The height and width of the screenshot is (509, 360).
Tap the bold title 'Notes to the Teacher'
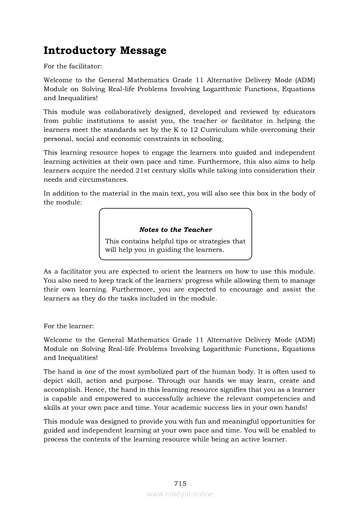click(176, 229)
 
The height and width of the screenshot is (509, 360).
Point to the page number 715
click(180, 483)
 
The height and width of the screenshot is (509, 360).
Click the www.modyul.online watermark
click(180, 494)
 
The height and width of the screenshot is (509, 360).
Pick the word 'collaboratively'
click(130, 112)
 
